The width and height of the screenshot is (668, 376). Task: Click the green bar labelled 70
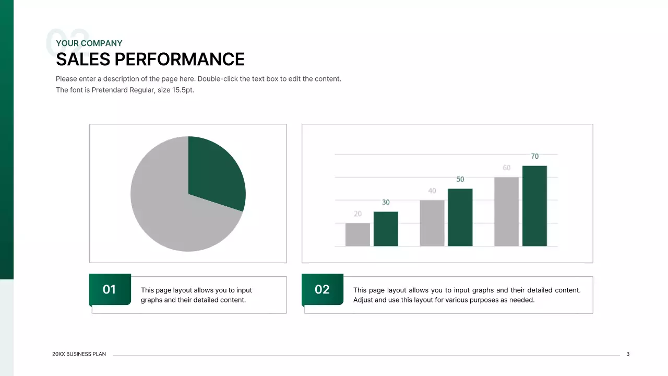[534, 206]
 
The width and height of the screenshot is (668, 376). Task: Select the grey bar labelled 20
[357, 234]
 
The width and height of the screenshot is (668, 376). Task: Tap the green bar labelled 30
[386, 229]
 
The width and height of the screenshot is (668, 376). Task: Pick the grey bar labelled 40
[432, 223]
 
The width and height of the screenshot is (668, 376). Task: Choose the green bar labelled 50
[460, 217]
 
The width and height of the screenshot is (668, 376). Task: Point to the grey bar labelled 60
[506, 211]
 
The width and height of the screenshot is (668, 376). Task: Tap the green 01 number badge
[110, 289]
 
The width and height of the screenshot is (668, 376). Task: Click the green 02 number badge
[322, 289]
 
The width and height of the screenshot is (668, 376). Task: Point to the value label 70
[534, 156]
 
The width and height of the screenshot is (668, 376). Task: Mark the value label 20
[357, 214]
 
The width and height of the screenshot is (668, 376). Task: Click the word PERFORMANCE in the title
[180, 60]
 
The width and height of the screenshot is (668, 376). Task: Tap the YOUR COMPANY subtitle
[89, 43]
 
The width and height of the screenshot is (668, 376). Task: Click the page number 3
[628, 354]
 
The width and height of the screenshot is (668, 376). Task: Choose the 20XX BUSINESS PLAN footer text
[79, 354]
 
